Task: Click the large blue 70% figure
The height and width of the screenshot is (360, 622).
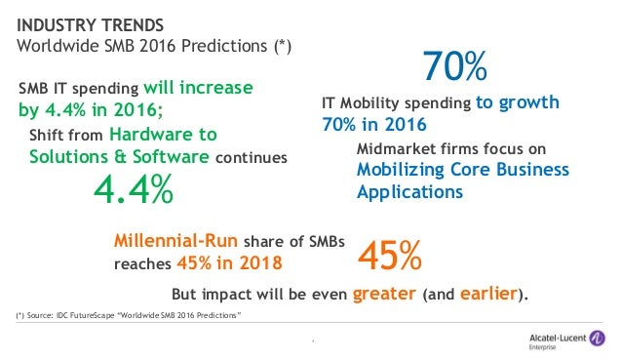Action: (x=454, y=67)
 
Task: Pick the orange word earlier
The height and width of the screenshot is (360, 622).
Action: (x=485, y=293)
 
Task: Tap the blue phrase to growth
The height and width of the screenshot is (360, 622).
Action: (x=517, y=103)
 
